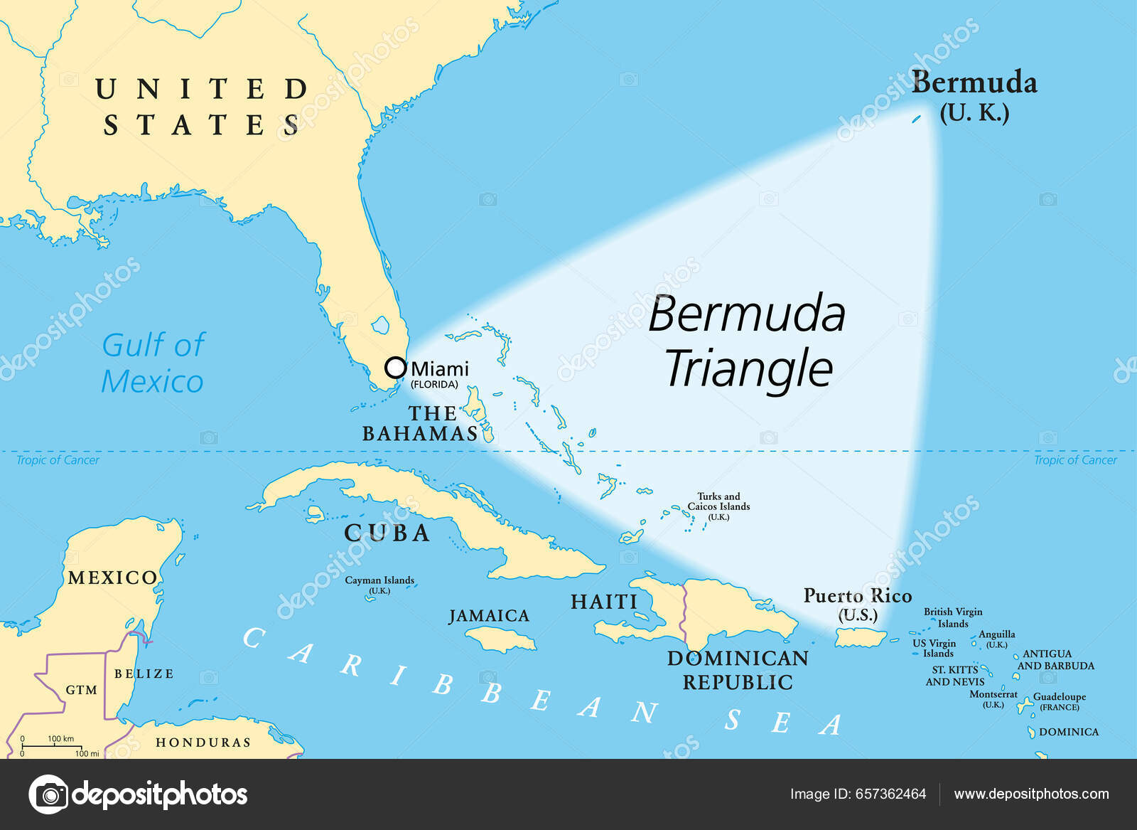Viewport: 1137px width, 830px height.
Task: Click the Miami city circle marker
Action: click(x=395, y=368)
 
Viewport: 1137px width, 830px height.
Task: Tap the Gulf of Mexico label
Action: click(x=153, y=363)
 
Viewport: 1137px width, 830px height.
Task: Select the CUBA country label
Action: click(x=387, y=533)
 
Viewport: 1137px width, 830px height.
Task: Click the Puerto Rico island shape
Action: click(x=860, y=637)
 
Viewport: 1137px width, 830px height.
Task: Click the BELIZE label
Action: click(x=144, y=674)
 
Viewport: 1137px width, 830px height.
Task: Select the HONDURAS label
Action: click(x=203, y=743)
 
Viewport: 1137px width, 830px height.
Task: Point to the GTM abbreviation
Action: click(x=81, y=690)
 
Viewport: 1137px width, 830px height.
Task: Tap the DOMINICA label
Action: click(x=1068, y=732)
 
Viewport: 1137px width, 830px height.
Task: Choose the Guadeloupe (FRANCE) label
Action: click(x=1059, y=701)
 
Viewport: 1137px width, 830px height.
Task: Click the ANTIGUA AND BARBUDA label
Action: click(x=1055, y=659)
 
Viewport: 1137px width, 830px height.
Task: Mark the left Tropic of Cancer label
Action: click(x=58, y=460)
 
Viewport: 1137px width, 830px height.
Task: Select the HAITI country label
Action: click(x=604, y=602)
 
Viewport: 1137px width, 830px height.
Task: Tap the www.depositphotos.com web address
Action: click(x=1031, y=794)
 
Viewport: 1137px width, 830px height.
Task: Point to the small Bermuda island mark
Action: click(x=917, y=119)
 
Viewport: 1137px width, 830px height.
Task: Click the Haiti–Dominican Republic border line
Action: click(x=684, y=612)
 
